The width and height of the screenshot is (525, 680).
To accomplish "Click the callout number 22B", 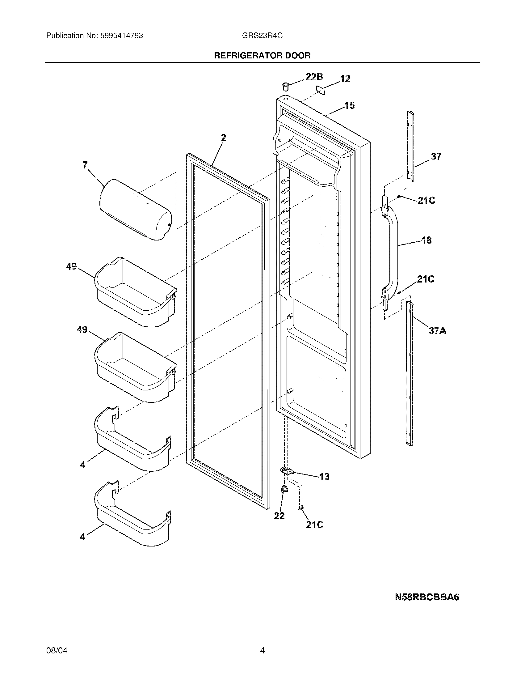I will (314, 77).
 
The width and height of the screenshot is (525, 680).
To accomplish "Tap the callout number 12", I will (345, 79).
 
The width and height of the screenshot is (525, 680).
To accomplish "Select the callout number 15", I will (350, 105).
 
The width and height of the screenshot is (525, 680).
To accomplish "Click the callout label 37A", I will (438, 330).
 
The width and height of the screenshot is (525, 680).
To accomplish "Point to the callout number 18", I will (426, 240).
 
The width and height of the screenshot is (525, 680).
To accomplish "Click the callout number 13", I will (324, 476).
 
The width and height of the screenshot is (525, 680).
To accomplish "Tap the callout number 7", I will (85, 165).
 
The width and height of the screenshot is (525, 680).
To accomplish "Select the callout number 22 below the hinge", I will (279, 516).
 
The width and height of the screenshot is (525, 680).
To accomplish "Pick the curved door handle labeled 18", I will (393, 249).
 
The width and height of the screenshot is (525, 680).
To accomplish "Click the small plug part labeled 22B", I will (285, 85).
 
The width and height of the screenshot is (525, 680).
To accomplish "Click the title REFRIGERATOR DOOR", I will (262, 56).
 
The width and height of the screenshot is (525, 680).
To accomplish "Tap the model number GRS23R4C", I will (262, 36).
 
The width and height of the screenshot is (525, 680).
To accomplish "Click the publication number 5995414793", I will (121, 36).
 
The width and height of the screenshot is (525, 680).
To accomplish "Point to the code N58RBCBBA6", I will (427, 597).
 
